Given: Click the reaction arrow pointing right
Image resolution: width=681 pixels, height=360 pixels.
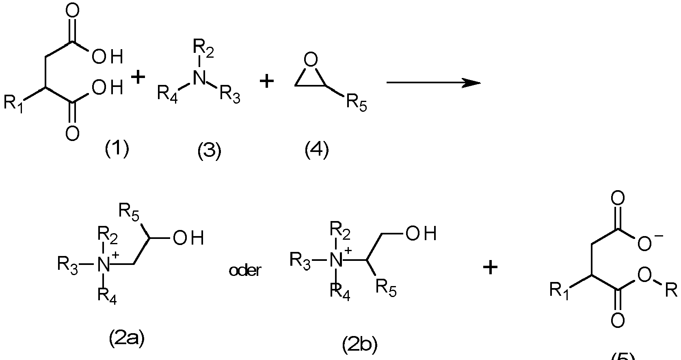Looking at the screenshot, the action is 433,83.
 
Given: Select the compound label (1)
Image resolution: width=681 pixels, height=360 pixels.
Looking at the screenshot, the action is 117,149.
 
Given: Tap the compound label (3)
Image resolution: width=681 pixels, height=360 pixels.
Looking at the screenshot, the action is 209,152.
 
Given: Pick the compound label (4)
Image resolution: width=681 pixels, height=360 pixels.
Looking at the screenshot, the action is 317,150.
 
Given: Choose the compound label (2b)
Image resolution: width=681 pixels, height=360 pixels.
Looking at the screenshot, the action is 360,345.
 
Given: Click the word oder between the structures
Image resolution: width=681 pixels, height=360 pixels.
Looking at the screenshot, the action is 244,271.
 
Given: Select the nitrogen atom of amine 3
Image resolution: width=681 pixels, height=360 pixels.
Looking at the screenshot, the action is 199,78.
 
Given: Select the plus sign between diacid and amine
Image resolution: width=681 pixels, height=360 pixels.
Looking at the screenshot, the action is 138,78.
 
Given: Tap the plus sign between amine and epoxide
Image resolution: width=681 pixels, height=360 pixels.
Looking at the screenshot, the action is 267,82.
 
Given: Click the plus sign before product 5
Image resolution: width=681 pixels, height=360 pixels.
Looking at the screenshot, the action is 490,267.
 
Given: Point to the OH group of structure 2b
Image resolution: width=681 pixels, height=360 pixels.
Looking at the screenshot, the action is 420,234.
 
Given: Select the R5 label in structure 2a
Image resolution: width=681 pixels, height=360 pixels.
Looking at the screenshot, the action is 129,212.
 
